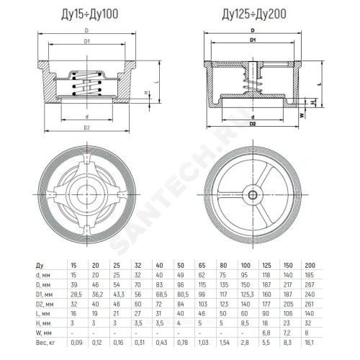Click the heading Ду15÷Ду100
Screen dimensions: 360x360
[x=90, y=14]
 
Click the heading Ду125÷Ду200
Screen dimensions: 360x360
[x=254, y=14]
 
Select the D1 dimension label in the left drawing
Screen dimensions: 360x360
[x=86, y=41]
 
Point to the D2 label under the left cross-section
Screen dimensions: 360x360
[x=86, y=127]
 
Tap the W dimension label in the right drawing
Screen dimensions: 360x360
[x=302, y=115]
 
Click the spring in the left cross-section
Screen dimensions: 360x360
[x=86, y=84]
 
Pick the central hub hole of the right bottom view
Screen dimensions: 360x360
[x=253, y=194]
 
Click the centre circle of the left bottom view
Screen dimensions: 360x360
[x=86, y=194]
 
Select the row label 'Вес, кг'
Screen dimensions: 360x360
[x=45, y=343]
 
